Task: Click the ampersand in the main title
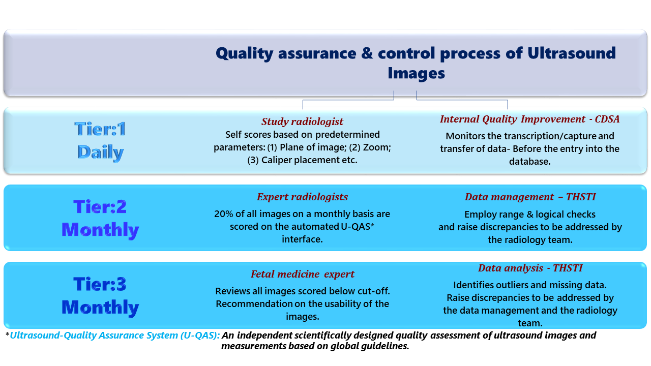pos(367,53)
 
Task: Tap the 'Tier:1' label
pos(100,129)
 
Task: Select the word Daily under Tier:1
pos(101,152)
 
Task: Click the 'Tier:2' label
pos(100,206)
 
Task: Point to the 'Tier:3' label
pos(100,284)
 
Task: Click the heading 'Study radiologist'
pos(302,121)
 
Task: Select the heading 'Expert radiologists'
pos(302,197)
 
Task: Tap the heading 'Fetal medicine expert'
pos(303,274)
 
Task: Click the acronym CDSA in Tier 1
pos(607,119)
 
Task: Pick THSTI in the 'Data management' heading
pos(581,197)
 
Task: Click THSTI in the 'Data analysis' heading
pos(568,268)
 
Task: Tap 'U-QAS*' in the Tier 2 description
pos(357,227)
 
